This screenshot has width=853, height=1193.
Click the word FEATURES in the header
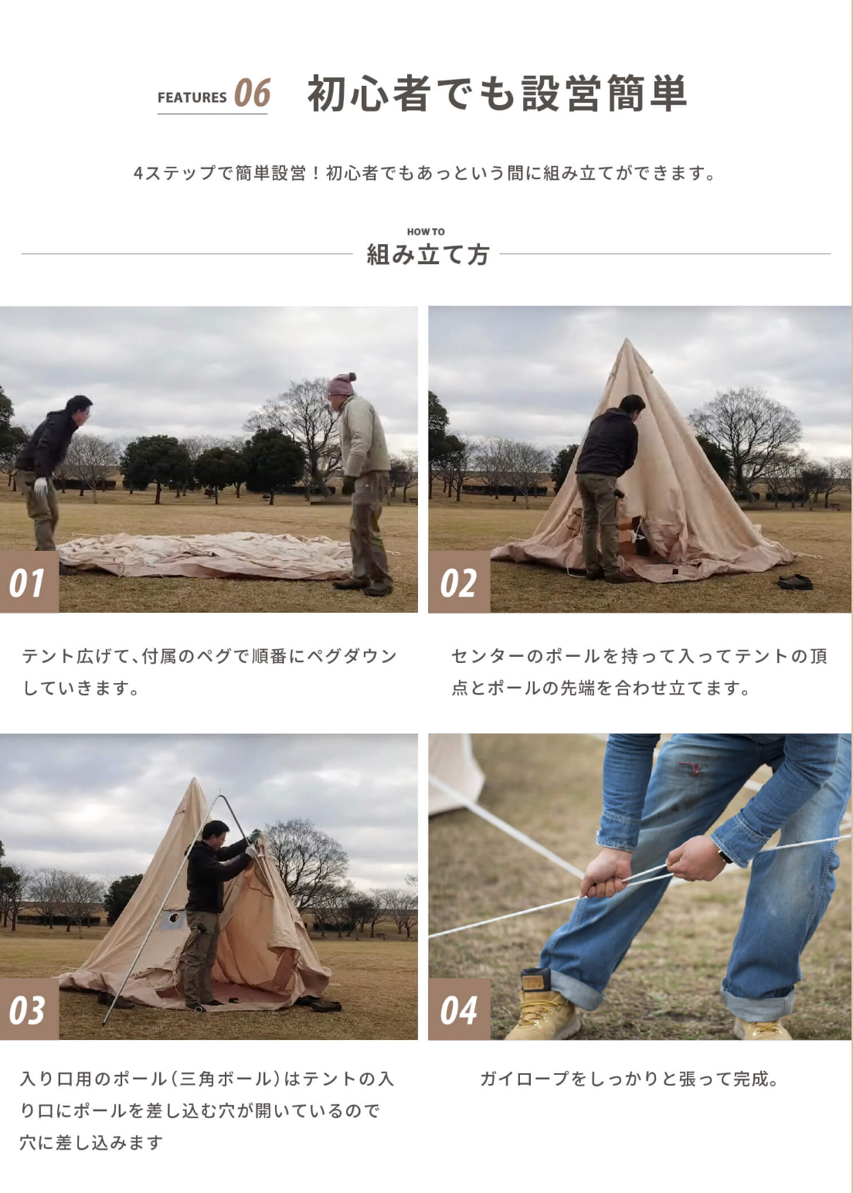click(192, 97)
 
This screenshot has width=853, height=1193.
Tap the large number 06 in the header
click(253, 93)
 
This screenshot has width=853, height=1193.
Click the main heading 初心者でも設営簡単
click(498, 93)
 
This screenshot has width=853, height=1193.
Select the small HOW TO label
click(426, 232)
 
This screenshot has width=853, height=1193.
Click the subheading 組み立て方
click(427, 254)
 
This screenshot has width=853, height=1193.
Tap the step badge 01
click(29, 582)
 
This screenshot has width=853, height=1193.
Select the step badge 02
click(459, 582)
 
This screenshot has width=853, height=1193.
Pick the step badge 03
click(29, 1009)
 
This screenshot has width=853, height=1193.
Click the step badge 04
click(459, 1009)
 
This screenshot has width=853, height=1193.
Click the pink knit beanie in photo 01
click(341, 384)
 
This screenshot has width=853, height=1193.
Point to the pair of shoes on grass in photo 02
click(795, 582)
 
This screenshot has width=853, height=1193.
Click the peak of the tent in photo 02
click(627, 340)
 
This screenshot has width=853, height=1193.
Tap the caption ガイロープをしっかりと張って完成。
click(630, 1079)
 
